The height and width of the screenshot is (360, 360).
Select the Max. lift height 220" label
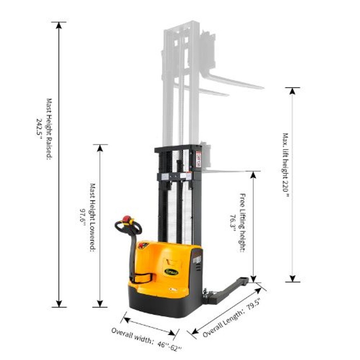(286, 165)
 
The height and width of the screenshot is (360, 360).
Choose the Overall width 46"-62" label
(146, 340)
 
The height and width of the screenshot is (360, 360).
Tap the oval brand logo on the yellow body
(171, 272)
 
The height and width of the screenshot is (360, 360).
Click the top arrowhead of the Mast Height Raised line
(59, 25)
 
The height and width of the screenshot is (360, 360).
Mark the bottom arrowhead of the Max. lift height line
(292, 278)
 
